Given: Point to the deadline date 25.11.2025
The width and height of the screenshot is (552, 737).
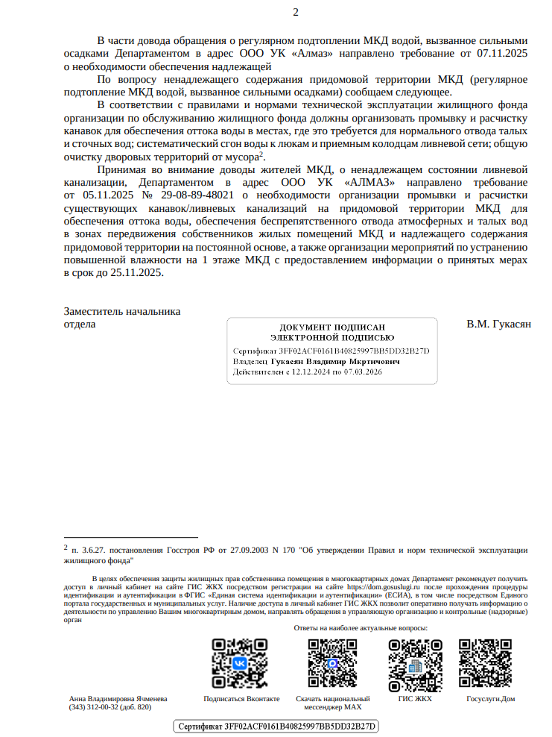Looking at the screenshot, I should [x=136, y=272].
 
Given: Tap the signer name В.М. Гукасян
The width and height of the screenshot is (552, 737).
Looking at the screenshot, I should [x=498, y=324].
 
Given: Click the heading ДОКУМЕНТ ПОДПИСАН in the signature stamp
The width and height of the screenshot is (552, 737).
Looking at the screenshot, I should [x=332, y=327].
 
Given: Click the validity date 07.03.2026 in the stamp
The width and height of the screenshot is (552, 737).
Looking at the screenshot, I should [x=365, y=371].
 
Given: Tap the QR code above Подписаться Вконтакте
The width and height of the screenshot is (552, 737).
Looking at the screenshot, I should [x=241, y=662].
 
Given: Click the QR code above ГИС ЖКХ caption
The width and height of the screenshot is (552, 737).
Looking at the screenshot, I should [x=415, y=662].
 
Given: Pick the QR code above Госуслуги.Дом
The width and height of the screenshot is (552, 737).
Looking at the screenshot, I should [x=486, y=662].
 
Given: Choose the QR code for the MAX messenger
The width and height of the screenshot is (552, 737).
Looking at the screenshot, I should [x=328, y=662].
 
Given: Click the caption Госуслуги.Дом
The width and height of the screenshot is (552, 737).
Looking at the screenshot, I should [x=490, y=699].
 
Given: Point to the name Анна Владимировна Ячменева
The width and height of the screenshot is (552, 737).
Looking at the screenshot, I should [x=118, y=699].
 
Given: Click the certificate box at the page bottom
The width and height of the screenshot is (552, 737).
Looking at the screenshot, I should [x=276, y=726].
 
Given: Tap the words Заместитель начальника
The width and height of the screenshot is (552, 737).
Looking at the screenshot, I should [x=122, y=312].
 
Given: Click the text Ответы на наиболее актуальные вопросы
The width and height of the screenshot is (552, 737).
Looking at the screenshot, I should [x=361, y=628].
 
